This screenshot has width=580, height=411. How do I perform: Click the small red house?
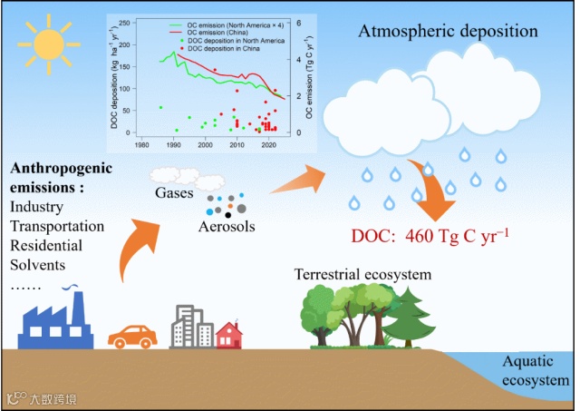click(x=229, y=335)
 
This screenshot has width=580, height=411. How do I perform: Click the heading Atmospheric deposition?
click(x=449, y=32)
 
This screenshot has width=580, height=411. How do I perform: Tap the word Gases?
click(x=173, y=193)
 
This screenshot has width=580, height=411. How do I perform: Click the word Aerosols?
click(x=227, y=226)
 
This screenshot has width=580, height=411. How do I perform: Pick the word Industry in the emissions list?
click(x=37, y=207)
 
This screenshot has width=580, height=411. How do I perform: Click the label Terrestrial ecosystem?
click(x=362, y=274)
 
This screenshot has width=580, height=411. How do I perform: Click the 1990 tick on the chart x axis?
click(x=173, y=144)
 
